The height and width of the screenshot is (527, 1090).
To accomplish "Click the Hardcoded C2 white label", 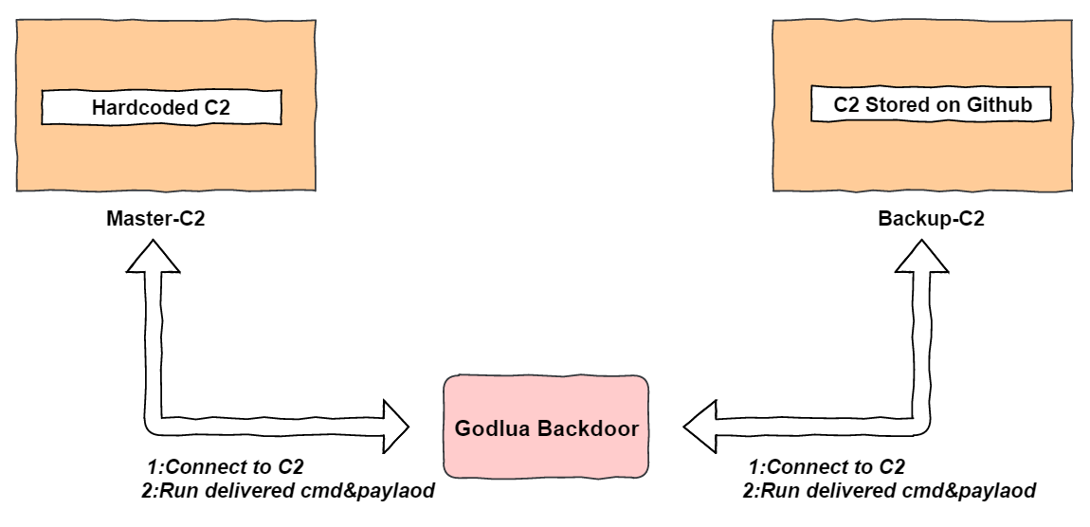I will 161,108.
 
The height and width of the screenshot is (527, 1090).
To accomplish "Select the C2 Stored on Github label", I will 932,104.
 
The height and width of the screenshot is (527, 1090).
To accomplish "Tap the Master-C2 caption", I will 155,219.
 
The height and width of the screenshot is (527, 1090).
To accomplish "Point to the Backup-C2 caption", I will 931,219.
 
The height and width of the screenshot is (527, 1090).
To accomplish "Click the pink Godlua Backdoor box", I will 546,427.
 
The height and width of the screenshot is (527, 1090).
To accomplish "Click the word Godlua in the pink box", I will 492,428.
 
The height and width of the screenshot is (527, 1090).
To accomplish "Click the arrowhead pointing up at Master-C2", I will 154,255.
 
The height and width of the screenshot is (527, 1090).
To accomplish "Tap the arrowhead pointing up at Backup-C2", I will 922,255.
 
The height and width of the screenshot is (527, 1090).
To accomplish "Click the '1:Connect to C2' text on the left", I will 225,467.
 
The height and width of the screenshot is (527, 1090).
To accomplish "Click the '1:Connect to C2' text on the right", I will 827,467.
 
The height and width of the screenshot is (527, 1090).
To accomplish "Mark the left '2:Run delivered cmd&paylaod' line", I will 288,491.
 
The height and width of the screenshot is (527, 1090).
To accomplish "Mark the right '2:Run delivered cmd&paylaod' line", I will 888,491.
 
